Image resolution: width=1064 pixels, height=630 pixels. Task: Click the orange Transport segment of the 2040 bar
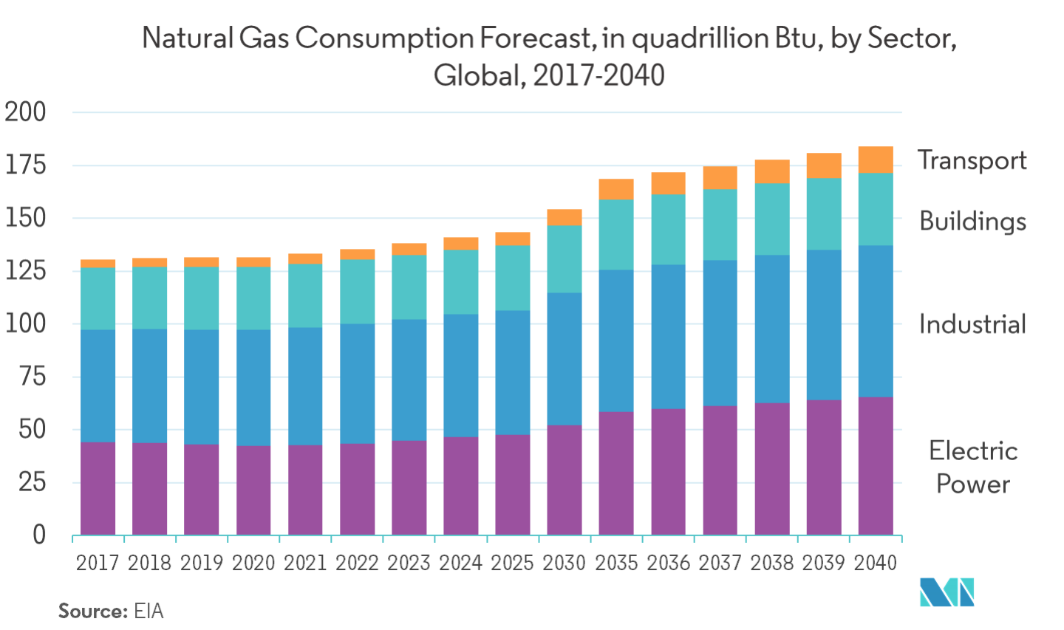click(876, 160)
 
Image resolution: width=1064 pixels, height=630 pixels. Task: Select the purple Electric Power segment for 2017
click(98, 488)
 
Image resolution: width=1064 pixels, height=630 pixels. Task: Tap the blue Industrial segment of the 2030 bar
click(565, 359)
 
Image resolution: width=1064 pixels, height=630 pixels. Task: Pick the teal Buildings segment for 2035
click(616, 235)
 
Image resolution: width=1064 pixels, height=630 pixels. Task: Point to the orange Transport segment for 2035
click(616, 189)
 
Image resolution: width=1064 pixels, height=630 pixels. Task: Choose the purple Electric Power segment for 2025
click(513, 485)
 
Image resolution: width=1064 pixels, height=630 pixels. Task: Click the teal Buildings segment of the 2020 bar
click(253, 298)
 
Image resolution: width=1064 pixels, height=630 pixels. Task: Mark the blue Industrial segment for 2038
click(772, 329)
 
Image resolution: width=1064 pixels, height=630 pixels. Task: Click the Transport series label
click(972, 161)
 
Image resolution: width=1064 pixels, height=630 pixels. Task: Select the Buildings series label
click(972, 222)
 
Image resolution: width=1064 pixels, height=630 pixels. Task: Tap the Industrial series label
click(972, 324)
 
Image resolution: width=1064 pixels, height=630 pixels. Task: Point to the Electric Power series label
click(973, 467)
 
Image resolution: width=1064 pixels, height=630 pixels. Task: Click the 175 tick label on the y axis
click(26, 165)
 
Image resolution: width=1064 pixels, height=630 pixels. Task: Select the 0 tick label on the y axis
click(39, 535)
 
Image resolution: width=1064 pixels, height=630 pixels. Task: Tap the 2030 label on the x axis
click(565, 563)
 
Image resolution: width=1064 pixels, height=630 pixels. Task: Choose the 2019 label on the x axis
click(202, 563)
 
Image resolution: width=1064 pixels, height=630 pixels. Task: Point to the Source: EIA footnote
click(111, 612)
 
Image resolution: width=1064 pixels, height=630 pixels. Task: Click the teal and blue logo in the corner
click(947, 592)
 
